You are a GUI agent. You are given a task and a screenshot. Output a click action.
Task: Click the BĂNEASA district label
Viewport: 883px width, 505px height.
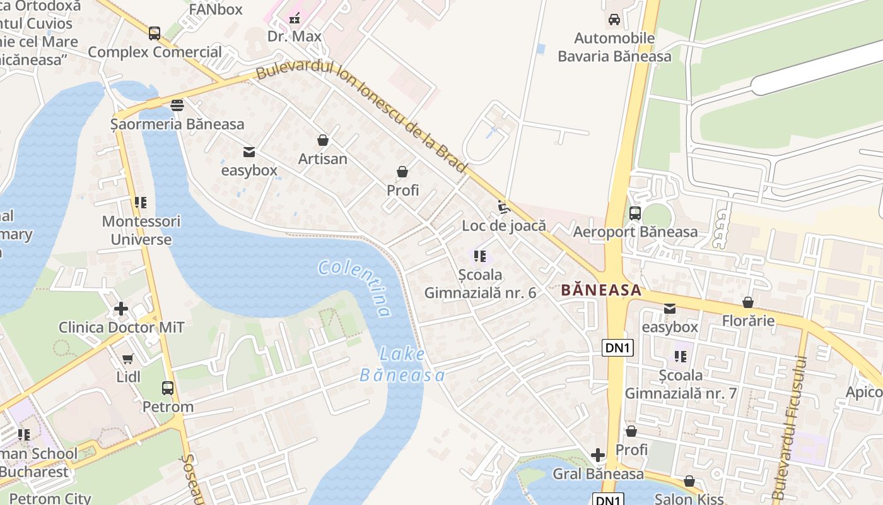pos(601,290)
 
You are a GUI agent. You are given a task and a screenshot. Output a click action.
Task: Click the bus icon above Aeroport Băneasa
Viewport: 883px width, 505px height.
pos(635,213)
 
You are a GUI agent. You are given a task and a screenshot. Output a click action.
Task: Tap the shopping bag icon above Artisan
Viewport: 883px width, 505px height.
pos(323,140)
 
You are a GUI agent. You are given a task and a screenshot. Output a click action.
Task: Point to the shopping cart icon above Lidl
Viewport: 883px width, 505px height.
pos(128,359)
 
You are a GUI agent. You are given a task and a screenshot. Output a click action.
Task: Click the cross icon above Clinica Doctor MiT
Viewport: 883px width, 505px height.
pos(121,309)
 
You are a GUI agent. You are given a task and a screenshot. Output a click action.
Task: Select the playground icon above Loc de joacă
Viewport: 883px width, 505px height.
pos(503,206)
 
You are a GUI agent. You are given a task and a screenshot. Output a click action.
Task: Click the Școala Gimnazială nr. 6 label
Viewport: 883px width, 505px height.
pos(480,284)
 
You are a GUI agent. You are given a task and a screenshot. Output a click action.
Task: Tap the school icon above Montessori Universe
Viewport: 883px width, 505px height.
pos(141,203)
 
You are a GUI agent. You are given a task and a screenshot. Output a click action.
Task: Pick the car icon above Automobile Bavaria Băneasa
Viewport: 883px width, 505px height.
pos(614,20)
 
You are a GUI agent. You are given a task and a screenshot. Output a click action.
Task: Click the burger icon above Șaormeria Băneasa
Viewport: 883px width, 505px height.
pos(177,105)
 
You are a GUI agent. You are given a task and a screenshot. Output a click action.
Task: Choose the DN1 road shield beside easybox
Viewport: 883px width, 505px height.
pos(617,348)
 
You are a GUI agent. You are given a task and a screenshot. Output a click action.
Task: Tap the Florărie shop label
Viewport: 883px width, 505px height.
pos(748,321)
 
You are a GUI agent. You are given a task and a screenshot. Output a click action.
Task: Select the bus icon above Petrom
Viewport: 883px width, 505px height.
pos(168,388)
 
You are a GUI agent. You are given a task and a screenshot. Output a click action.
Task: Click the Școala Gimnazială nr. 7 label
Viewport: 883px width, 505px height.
pos(681,384)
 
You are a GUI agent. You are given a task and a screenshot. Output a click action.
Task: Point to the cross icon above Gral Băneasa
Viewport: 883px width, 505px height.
pos(598,455)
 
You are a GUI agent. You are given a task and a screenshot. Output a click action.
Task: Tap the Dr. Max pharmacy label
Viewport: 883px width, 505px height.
pos(295,37)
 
